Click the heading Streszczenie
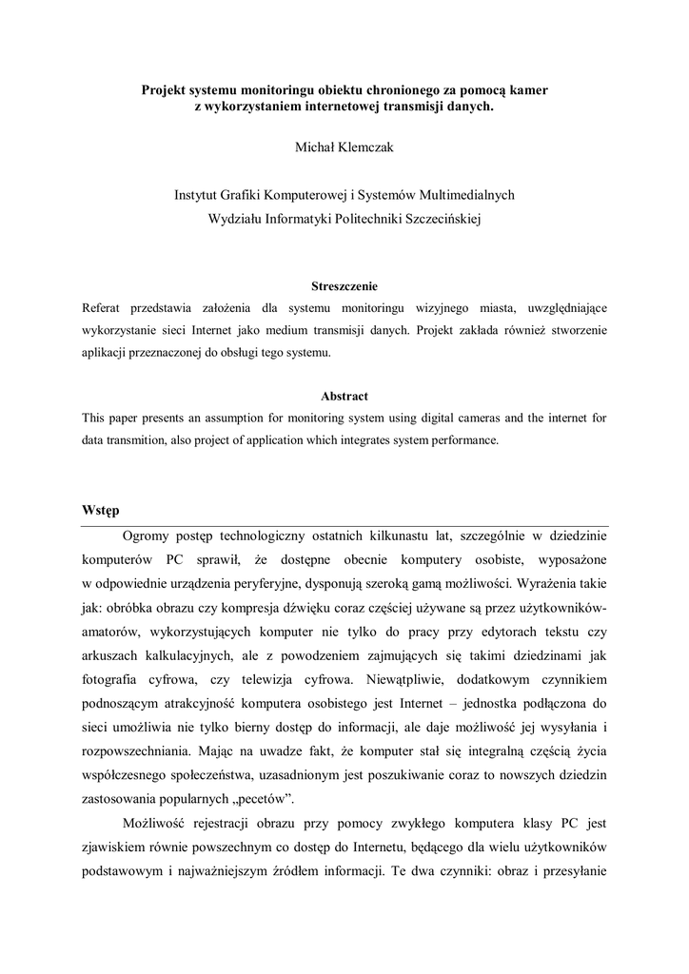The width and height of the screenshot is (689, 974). click(344, 286)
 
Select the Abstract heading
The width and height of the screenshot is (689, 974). click(344, 396)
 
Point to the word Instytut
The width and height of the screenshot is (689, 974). click(198, 195)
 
